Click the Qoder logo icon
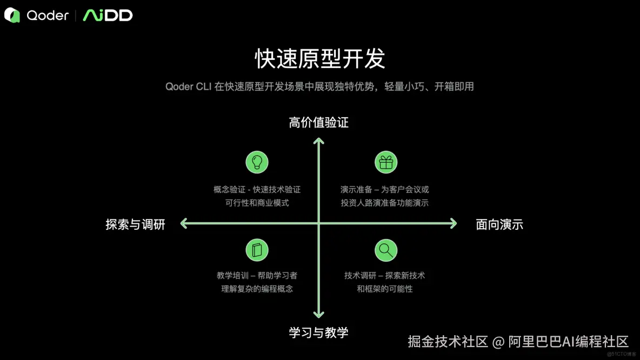12,16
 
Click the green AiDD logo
108,16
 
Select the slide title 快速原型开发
319,58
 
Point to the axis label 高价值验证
318,123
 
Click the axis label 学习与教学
318,332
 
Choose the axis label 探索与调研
135,224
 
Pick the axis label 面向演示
499,224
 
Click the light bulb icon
257,162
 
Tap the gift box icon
386,162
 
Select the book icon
257,250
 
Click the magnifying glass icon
386,250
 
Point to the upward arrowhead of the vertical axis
319,141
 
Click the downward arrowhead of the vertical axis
319,314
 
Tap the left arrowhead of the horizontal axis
184,223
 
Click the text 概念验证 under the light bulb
226,190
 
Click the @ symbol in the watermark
498,342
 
